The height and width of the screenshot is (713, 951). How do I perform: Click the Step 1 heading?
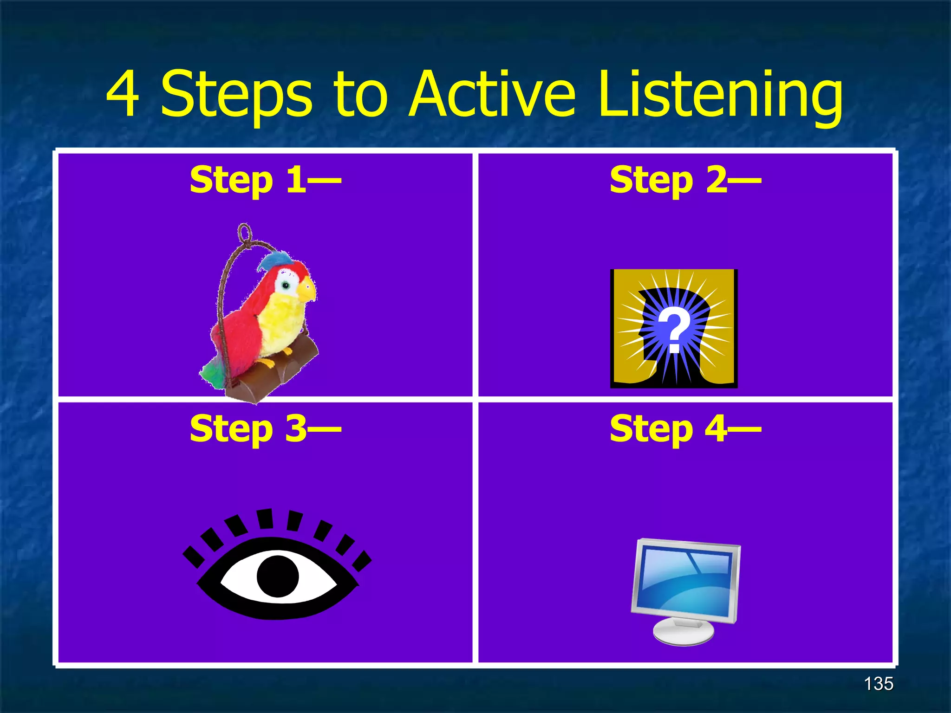coord(265,180)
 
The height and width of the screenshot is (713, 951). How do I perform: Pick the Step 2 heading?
coord(685,180)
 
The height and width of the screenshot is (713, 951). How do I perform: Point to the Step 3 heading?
coord(265,428)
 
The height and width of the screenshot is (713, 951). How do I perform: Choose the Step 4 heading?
coord(685,428)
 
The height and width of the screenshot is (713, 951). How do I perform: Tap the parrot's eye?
coord(286,285)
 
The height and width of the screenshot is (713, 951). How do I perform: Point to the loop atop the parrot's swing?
coord(244,231)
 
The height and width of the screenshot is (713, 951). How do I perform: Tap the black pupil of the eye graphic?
coord(278,576)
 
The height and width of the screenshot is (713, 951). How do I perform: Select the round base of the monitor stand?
coord(684,632)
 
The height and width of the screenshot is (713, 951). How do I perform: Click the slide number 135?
coord(878,684)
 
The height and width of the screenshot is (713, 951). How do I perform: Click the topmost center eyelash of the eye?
coord(265,519)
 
